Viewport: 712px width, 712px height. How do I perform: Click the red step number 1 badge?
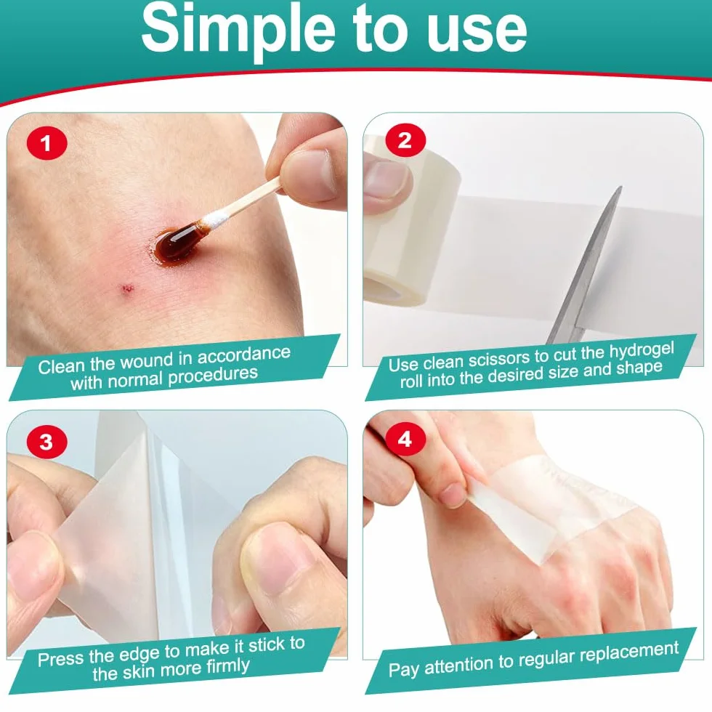tap(46, 144)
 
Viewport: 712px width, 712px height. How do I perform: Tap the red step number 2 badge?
tap(405, 139)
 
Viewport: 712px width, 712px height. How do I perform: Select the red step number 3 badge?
tap(46, 442)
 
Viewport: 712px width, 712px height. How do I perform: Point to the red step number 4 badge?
tap(405, 439)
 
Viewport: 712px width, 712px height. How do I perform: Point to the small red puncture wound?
tap(126, 288)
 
